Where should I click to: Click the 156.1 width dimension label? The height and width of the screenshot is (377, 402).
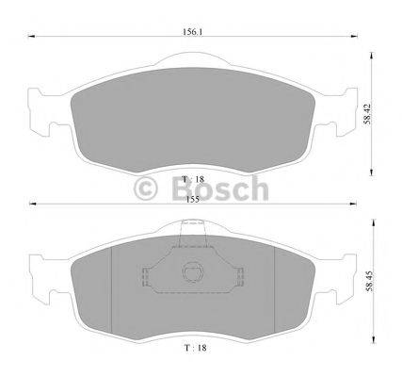(192, 32)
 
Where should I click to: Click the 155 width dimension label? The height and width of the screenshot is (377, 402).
(192, 200)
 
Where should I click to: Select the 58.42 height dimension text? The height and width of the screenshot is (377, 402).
(367, 114)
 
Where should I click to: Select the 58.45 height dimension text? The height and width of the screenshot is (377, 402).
(370, 281)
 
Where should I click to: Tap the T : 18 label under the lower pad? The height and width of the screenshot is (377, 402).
(196, 348)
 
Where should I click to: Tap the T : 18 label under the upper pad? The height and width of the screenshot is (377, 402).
(194, 179)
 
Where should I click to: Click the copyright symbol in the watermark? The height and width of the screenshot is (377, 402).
(145, 188)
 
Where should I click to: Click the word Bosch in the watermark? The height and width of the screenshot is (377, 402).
(220, 188)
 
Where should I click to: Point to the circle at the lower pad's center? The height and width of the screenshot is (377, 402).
(192, 271)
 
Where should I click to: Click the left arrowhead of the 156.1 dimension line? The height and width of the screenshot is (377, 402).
(31, 37)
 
